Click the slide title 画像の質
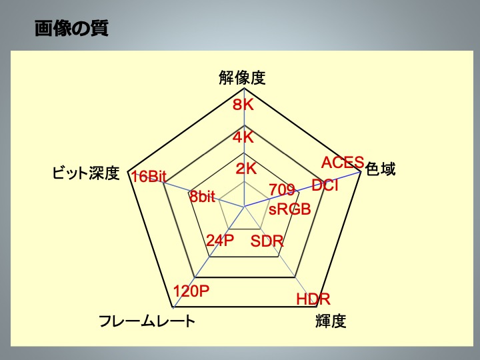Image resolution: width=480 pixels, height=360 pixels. [x=71, y=29]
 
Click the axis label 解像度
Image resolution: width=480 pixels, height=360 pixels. [x=242, y=78]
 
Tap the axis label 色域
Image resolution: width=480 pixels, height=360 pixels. [x=381, y=170]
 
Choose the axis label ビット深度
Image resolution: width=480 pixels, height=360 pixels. [x=86, y=174]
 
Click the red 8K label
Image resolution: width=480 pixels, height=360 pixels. [x=243, y=105]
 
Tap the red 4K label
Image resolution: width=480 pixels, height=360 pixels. [x=243, y=137]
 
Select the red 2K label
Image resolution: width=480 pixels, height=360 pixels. [x=246, y=169]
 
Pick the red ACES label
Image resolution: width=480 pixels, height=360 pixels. [x=343, y=162]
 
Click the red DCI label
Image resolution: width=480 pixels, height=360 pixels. [x=325, y=185]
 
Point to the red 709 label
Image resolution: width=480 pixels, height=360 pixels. [x=282, y=191]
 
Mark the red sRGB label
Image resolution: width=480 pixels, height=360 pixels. [x=290, y=209]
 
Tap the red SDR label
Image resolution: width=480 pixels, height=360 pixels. [x=267, y=241]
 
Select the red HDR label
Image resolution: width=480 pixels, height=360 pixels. [x=313, y=299]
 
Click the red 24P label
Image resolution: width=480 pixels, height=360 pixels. [x=220, y=241]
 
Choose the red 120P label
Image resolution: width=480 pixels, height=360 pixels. [x=191, y=291]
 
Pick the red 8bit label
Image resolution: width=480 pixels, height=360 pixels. [x=202, y=197]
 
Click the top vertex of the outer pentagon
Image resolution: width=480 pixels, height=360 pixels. [x=244, y=89]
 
